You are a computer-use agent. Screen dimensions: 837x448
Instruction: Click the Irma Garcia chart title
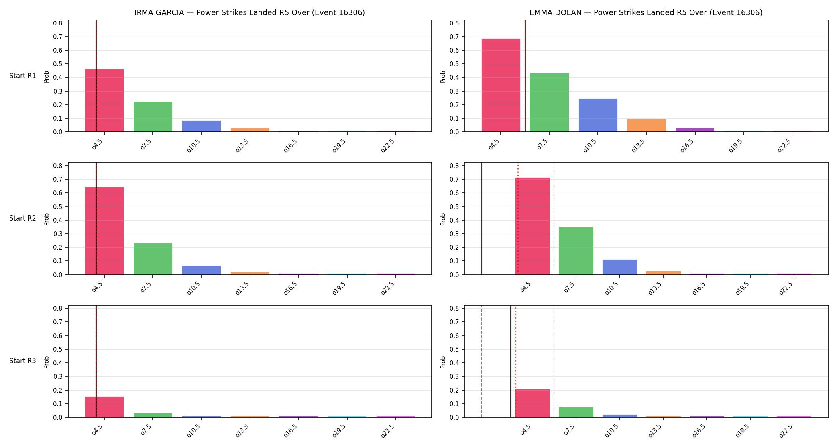coord(250,12)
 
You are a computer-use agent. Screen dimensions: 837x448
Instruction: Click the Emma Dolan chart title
coord(646,12)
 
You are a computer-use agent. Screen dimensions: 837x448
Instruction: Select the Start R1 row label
coord(23,76)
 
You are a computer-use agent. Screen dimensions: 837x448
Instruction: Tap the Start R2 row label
coord(23,218)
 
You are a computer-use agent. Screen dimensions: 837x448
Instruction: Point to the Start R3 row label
coord(23,361)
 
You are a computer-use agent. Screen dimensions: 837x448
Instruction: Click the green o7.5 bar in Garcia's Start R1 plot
coord(153,117)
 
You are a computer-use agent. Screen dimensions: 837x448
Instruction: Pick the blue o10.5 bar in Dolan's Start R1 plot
coord(598,115)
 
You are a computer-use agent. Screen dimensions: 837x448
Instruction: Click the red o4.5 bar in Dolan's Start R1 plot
coord(501,85)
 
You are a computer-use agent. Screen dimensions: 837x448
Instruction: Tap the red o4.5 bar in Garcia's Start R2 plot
coord(104,231)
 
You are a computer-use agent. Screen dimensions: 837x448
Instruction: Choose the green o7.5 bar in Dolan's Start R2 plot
coord(576,251)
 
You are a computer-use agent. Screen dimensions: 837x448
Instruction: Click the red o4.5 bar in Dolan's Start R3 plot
coord(532,403)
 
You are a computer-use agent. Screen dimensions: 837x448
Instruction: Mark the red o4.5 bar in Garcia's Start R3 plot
coord(104,407)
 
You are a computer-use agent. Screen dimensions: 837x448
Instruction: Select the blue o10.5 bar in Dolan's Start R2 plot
coord(620,267)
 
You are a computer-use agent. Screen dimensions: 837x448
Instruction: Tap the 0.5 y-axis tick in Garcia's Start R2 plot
coord(58,207)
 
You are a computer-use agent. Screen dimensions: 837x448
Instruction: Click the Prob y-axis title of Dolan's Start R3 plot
coord(443,362)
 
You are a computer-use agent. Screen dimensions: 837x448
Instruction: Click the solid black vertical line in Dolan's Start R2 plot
coord(481,219)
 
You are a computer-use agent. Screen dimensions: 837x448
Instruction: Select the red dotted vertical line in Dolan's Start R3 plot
coord(515,362)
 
